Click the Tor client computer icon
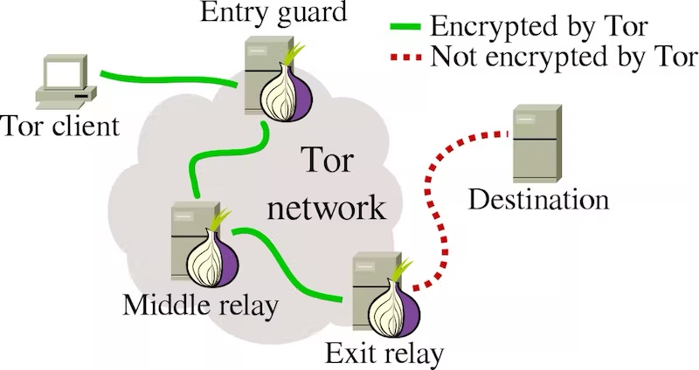click(66, 82)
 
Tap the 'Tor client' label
click(60, 126)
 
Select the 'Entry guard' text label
click(273, 12)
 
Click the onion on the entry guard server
click(287, 91)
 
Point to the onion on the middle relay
click(212, 255)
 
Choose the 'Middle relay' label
click(201, 305)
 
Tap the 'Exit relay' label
click(384, 353)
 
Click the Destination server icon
click(536, 143)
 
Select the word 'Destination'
click(538, 199)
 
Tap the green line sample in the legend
click(405, 26)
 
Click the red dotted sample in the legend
click(405, 58)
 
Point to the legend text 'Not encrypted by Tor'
click(564, 58)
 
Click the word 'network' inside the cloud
click(326, 208)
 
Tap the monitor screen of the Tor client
click(62, 74)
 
